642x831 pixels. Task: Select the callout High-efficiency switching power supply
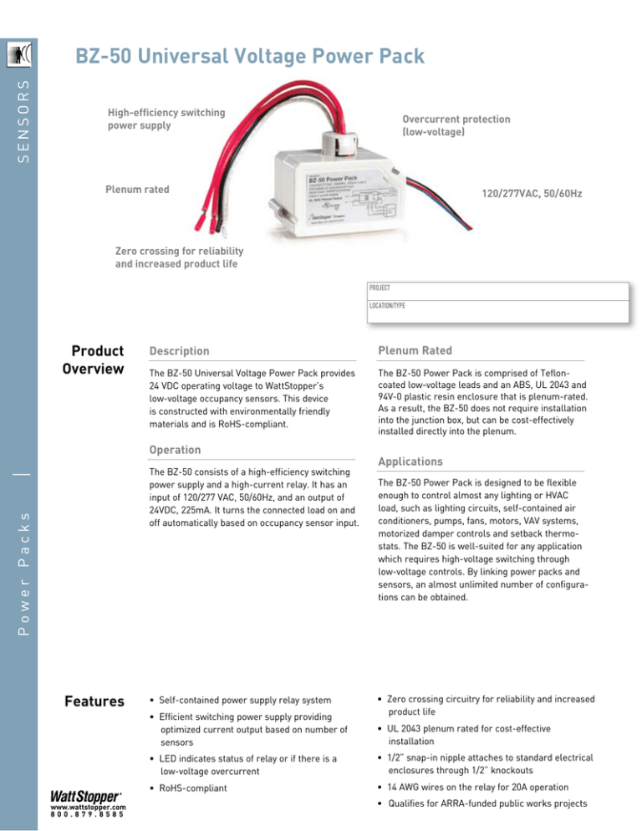(x=166, y=119)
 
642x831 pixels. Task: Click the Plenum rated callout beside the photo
(x=137, y=190)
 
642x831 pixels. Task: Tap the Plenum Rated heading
(x=415, y=351)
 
